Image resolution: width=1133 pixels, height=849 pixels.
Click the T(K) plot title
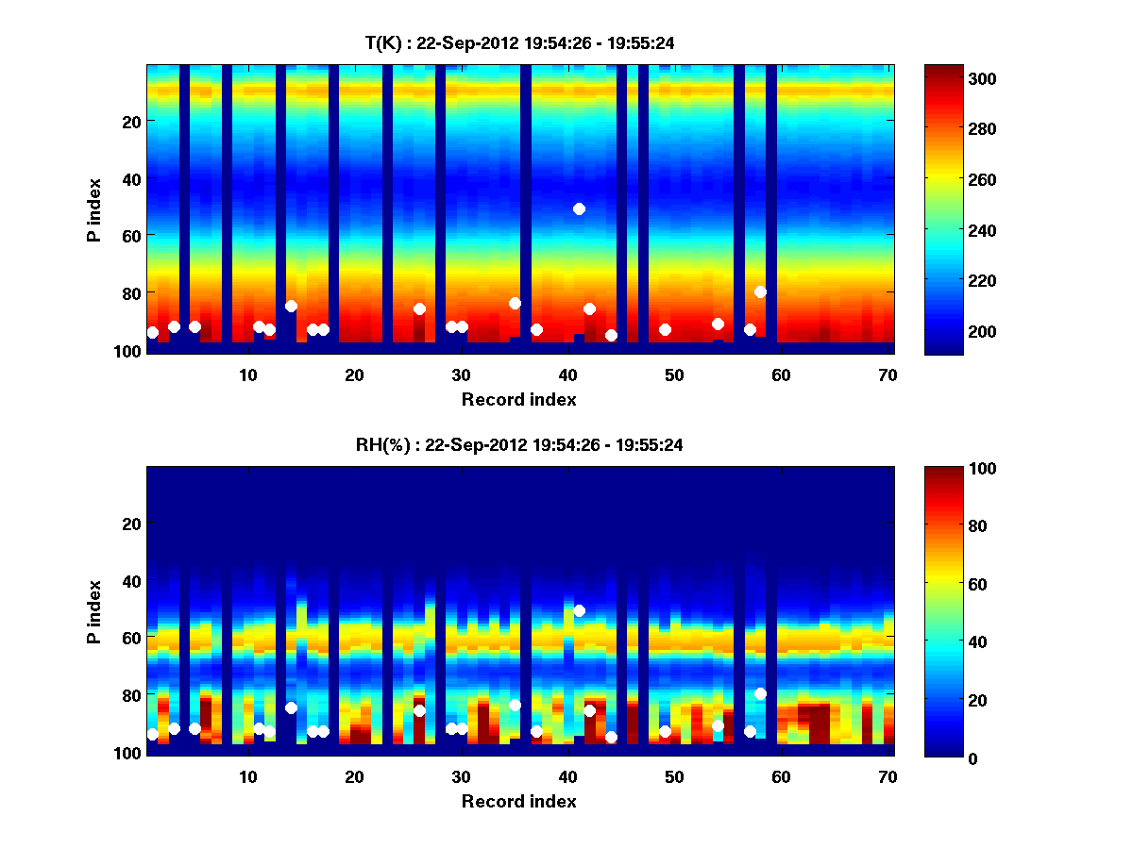[x=519, y=42]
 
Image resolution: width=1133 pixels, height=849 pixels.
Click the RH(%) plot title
[x=519, y=444]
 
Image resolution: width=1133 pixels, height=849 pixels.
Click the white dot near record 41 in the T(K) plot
[x=579, y=208]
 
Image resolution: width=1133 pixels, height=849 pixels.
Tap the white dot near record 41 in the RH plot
[x=579, y=610]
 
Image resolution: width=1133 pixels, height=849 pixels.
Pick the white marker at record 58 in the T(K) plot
[x=760, y=291]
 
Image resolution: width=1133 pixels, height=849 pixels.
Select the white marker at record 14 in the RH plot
[x=291, y=707]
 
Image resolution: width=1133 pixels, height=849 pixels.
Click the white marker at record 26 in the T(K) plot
[x=419, y=308]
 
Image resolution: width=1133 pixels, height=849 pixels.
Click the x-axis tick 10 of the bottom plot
[x=247, y=776]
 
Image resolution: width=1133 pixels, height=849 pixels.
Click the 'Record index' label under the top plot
[x=519, y=399]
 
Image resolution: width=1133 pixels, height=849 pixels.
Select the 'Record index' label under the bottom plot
[x=519, y=801]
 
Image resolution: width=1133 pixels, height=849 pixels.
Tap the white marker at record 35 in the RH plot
[x=515, y=705]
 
